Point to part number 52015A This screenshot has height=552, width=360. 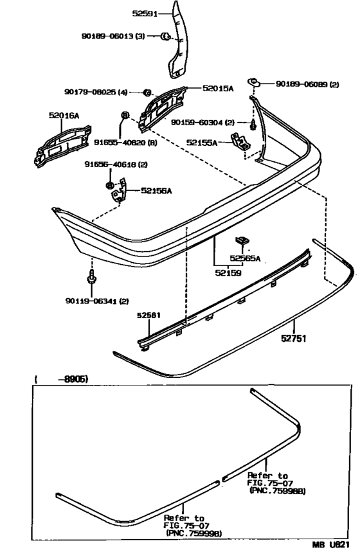pos(219,89)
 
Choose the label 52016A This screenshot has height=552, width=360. pos(64,116)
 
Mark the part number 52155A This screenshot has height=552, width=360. pos(203,142)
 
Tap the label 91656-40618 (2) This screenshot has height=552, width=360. pos(116,165)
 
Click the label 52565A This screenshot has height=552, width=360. pos(245,259)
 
